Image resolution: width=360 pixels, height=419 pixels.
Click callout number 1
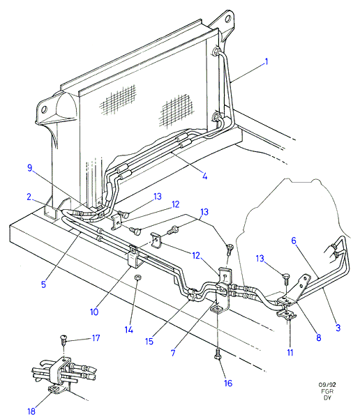point(266,62)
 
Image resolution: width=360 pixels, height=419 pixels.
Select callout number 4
point(204,176)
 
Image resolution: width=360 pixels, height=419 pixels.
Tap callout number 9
point(30,168)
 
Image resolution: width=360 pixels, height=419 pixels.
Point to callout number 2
point(29,197)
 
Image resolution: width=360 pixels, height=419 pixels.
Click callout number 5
point(43,284)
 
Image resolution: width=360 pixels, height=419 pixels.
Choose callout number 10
point(94,312)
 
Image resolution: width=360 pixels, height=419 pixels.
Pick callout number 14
point(129,330)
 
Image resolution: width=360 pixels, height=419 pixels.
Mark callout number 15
point(149,341)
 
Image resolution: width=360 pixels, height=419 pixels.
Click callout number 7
point(173,353)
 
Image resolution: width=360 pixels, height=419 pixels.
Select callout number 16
point(228,383)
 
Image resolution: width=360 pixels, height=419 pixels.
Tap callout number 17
point(96,338)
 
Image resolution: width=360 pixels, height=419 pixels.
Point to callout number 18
point(31,411)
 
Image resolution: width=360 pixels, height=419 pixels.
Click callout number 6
point(294,241)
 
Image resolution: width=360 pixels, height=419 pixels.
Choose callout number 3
point(338,328)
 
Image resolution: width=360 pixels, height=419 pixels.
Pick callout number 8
point(319,337)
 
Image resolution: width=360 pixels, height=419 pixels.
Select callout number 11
point(290,353)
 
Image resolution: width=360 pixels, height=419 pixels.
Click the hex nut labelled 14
point(137,277)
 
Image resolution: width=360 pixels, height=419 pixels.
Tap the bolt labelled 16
point(218,353)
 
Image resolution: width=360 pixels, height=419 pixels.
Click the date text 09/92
point(327,385)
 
